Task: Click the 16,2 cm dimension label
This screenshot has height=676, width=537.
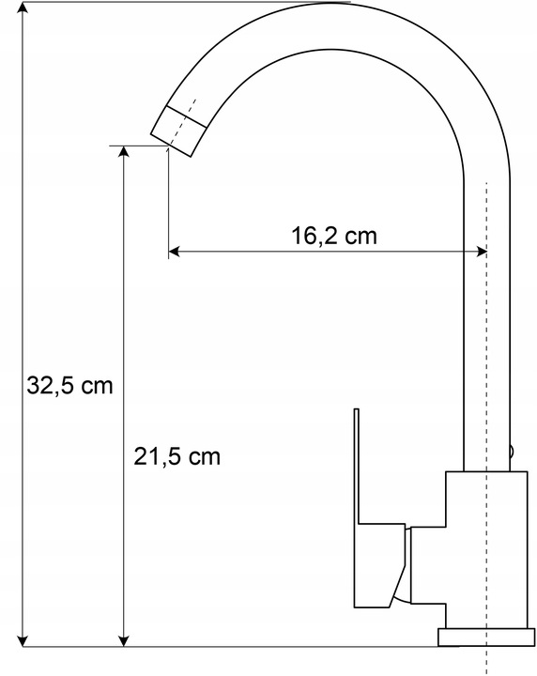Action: (x=334, y=236)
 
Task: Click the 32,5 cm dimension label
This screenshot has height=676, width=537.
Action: (x=69, y=385)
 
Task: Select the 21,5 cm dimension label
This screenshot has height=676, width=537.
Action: (x=176, y=456)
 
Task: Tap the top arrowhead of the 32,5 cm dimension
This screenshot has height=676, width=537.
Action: (x=23, y=8)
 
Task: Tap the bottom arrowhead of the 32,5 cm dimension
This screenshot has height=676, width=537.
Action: (x=23, y=639)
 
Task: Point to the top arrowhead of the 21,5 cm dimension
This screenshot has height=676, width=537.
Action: (x=124, y=153)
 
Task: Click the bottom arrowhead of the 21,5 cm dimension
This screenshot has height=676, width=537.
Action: (x=124, y=639)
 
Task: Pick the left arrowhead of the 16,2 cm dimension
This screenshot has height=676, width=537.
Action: (x=175, y=252)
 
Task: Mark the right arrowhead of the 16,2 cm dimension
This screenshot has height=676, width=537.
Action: (x=480, y=252)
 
